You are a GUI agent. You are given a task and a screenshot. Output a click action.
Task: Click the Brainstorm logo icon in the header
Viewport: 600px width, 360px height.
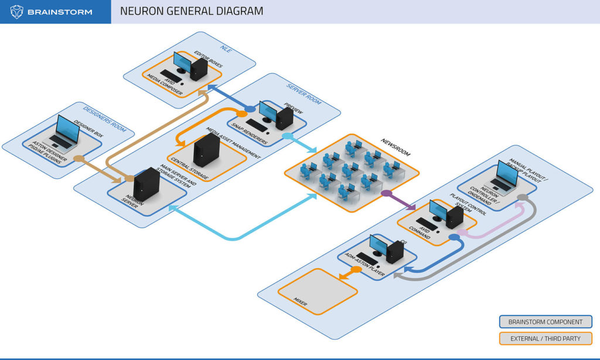point(16,12)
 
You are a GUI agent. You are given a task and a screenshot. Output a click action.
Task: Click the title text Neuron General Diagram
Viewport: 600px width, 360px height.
point(191,11)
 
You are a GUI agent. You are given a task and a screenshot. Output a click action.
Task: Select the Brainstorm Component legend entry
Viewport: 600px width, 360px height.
point(544,321)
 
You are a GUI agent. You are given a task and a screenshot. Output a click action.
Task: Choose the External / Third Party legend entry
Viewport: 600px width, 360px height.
point(544,338)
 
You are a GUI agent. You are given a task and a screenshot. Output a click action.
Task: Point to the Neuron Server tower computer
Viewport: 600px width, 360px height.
point(146,184)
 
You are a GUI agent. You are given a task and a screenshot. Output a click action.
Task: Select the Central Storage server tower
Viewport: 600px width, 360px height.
point(206,148)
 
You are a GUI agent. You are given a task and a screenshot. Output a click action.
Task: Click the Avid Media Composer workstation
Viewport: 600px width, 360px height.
point(191,67)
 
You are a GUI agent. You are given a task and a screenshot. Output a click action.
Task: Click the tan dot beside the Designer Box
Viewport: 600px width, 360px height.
point(78,158)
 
